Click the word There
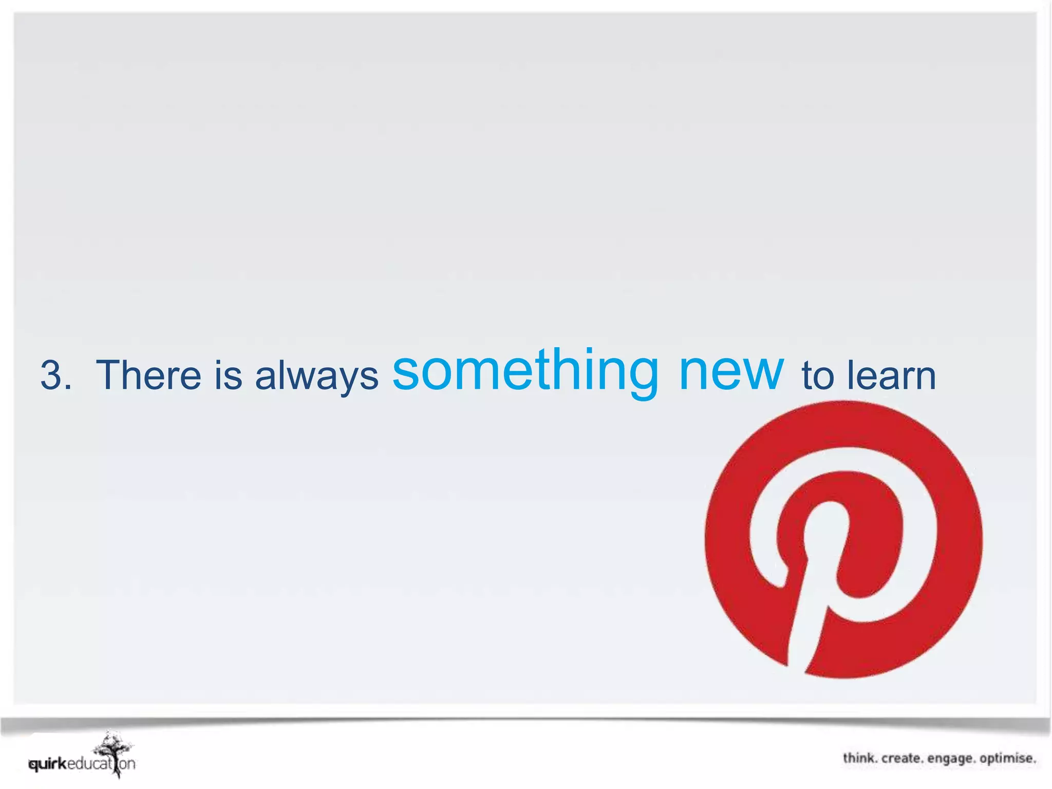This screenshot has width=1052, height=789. click(148, 375)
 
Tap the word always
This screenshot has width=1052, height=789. click(316, 376)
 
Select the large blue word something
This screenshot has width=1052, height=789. click(524, 371)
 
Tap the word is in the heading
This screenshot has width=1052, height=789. click(228, 375)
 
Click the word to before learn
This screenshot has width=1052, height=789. click(819, 376)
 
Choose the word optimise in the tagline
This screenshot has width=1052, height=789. click(1007, 758)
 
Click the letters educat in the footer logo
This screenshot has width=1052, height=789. click(90, 764)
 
